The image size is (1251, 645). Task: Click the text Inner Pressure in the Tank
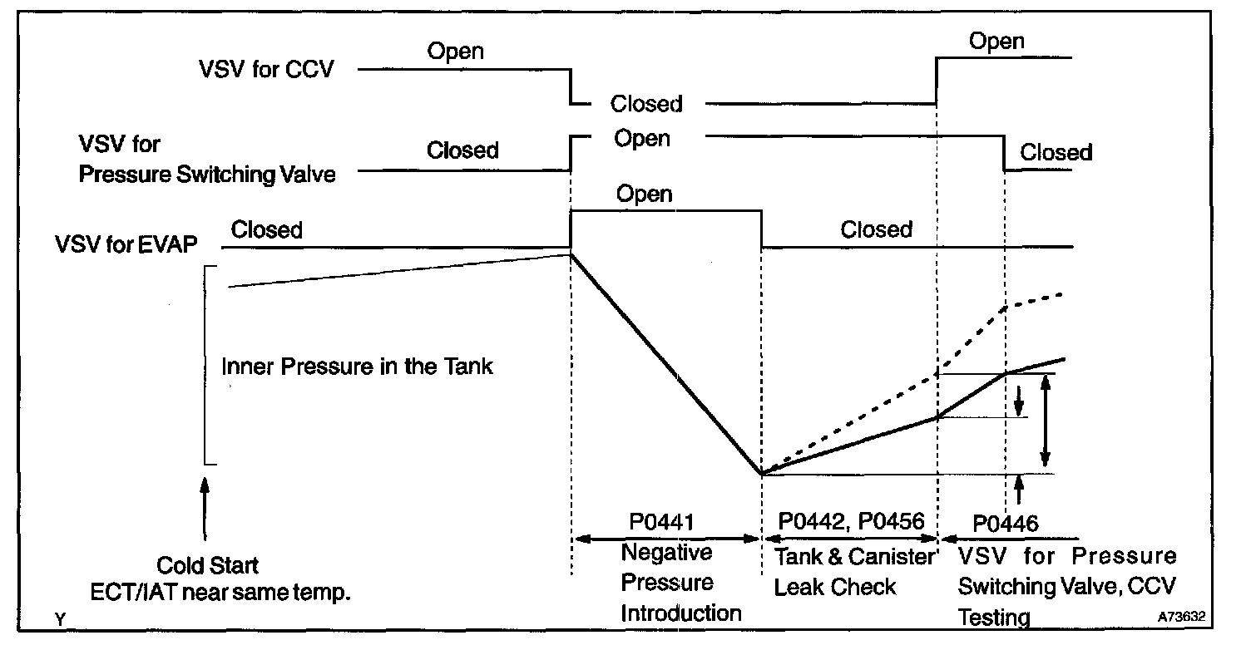coord(358,366)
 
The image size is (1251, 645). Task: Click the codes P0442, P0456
coord(851,521)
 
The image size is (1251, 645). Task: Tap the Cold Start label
coord(208,566)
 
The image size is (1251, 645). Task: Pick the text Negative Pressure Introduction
coord(669,583)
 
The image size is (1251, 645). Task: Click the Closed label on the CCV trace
coord(646,104)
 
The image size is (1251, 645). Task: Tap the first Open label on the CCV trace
coord(456,51)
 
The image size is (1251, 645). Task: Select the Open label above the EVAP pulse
coord(645,194)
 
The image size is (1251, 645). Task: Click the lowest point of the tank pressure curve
coord(762,474)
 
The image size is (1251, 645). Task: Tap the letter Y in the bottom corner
coord(59,619)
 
